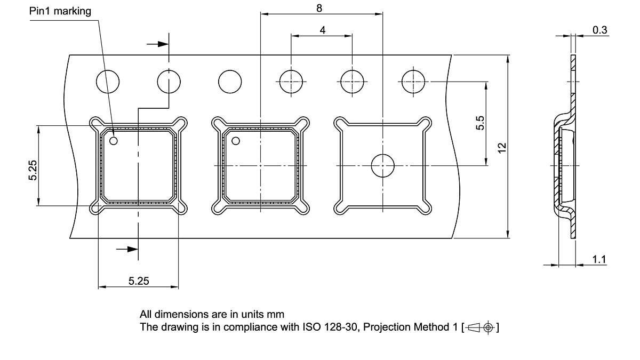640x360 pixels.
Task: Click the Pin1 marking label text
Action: coord(60,11)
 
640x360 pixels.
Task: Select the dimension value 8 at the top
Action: coord(319,8)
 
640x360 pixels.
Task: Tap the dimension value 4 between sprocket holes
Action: coord(323,30)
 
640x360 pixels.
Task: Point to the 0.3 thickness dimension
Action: coord(600,30)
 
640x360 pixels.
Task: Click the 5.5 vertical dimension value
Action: coord(480,123)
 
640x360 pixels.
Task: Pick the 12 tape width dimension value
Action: coord(501,148)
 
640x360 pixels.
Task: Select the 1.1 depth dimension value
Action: coord(599,260)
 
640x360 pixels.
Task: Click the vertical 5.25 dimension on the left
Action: coord(33,170)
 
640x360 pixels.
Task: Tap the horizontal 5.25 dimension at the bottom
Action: coord(139,281)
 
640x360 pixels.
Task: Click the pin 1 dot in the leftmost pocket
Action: coord(114,141)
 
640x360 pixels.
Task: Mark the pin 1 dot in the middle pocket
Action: coord(235,141)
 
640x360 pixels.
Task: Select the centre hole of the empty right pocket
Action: coord(382,166)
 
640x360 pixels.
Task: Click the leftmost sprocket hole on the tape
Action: coord(108,82)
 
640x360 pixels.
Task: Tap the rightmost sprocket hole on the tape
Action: coord(413,82)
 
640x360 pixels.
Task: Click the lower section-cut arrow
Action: coord(127,249)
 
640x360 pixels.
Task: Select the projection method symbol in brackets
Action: coord(480,327)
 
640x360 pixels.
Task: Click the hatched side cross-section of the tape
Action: coord(565,160)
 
